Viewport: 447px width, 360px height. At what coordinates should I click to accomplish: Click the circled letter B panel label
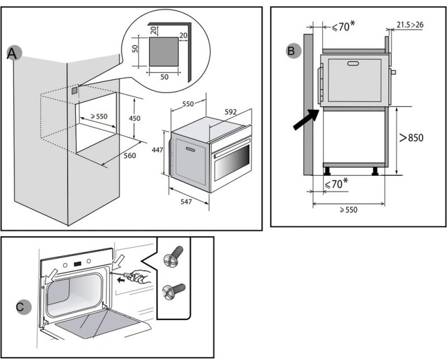(x=291, y=51)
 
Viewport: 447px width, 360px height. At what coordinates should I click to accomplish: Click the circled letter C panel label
(x=20, y=306)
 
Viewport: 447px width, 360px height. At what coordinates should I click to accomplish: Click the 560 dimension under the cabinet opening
(x=129, y=156)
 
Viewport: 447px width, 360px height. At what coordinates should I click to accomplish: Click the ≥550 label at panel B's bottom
(x=348, y=210)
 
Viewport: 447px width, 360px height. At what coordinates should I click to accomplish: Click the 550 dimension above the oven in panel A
(x=188, y=104)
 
